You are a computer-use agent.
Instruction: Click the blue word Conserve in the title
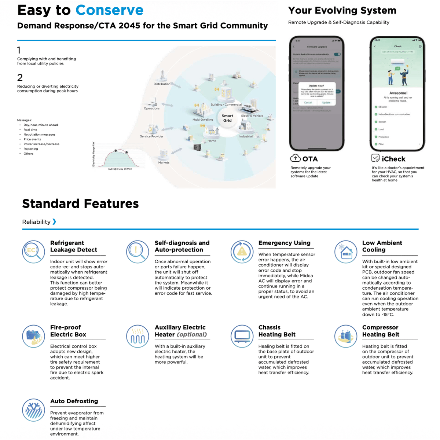[109, 10]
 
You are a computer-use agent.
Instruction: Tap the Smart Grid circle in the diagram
[227, 118]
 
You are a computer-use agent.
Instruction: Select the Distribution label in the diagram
[162, 84]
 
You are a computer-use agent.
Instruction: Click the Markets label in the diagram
[164, 162]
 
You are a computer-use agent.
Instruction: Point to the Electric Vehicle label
[252, 116]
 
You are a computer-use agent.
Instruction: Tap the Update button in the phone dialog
[326, 103]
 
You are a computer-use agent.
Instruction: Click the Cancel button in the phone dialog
[308, 103]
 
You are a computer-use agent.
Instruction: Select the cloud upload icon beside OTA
[295, 158]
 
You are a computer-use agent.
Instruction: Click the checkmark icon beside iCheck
[375, 158]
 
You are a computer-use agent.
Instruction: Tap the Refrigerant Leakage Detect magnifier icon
[33, 252]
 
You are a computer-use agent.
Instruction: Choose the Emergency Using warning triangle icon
[242, 252]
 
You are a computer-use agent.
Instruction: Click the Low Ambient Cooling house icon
[346, 252]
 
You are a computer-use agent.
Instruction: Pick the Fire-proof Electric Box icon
[33, 336]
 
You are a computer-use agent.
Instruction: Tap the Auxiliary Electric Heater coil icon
[137, 336]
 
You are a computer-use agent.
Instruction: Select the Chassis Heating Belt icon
[242, 336]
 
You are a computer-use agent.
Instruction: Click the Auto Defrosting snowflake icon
[33, 410]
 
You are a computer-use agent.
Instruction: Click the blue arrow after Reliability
[54, 221]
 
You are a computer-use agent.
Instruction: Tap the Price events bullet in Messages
[32, 139]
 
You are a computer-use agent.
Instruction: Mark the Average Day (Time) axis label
[120, 169]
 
